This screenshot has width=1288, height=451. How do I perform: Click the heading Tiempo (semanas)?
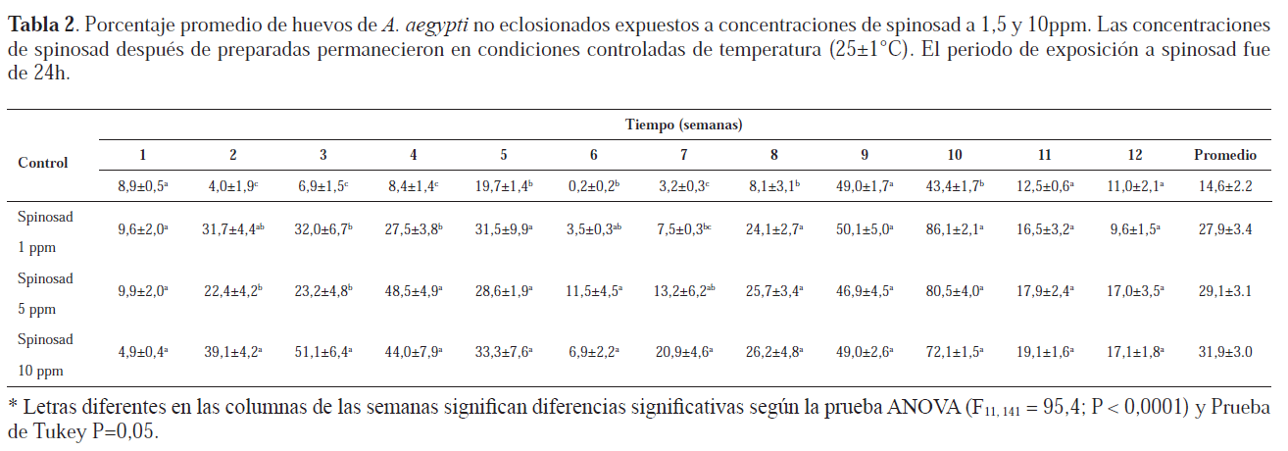coord(683,125)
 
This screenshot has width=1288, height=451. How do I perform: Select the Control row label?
coord(43,163)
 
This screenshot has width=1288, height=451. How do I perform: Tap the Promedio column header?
coord(1224,155)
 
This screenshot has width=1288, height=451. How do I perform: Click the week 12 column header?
coord(1134,155)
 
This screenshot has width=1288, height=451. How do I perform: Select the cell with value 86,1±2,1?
coord(954,228)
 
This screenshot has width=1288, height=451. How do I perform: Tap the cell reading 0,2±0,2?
coord(592,185)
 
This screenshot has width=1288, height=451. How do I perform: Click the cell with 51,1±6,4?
coord(322,351)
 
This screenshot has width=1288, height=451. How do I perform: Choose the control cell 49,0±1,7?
coord(863,185)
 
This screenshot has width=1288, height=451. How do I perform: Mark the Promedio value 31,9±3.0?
coord(1224,351)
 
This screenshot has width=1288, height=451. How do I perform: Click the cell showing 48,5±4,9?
coord(413,291)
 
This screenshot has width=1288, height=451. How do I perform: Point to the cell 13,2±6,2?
coord(683,291)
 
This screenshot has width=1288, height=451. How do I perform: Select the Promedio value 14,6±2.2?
coord(1224,185)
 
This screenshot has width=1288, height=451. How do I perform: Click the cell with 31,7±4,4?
coord(232,228)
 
